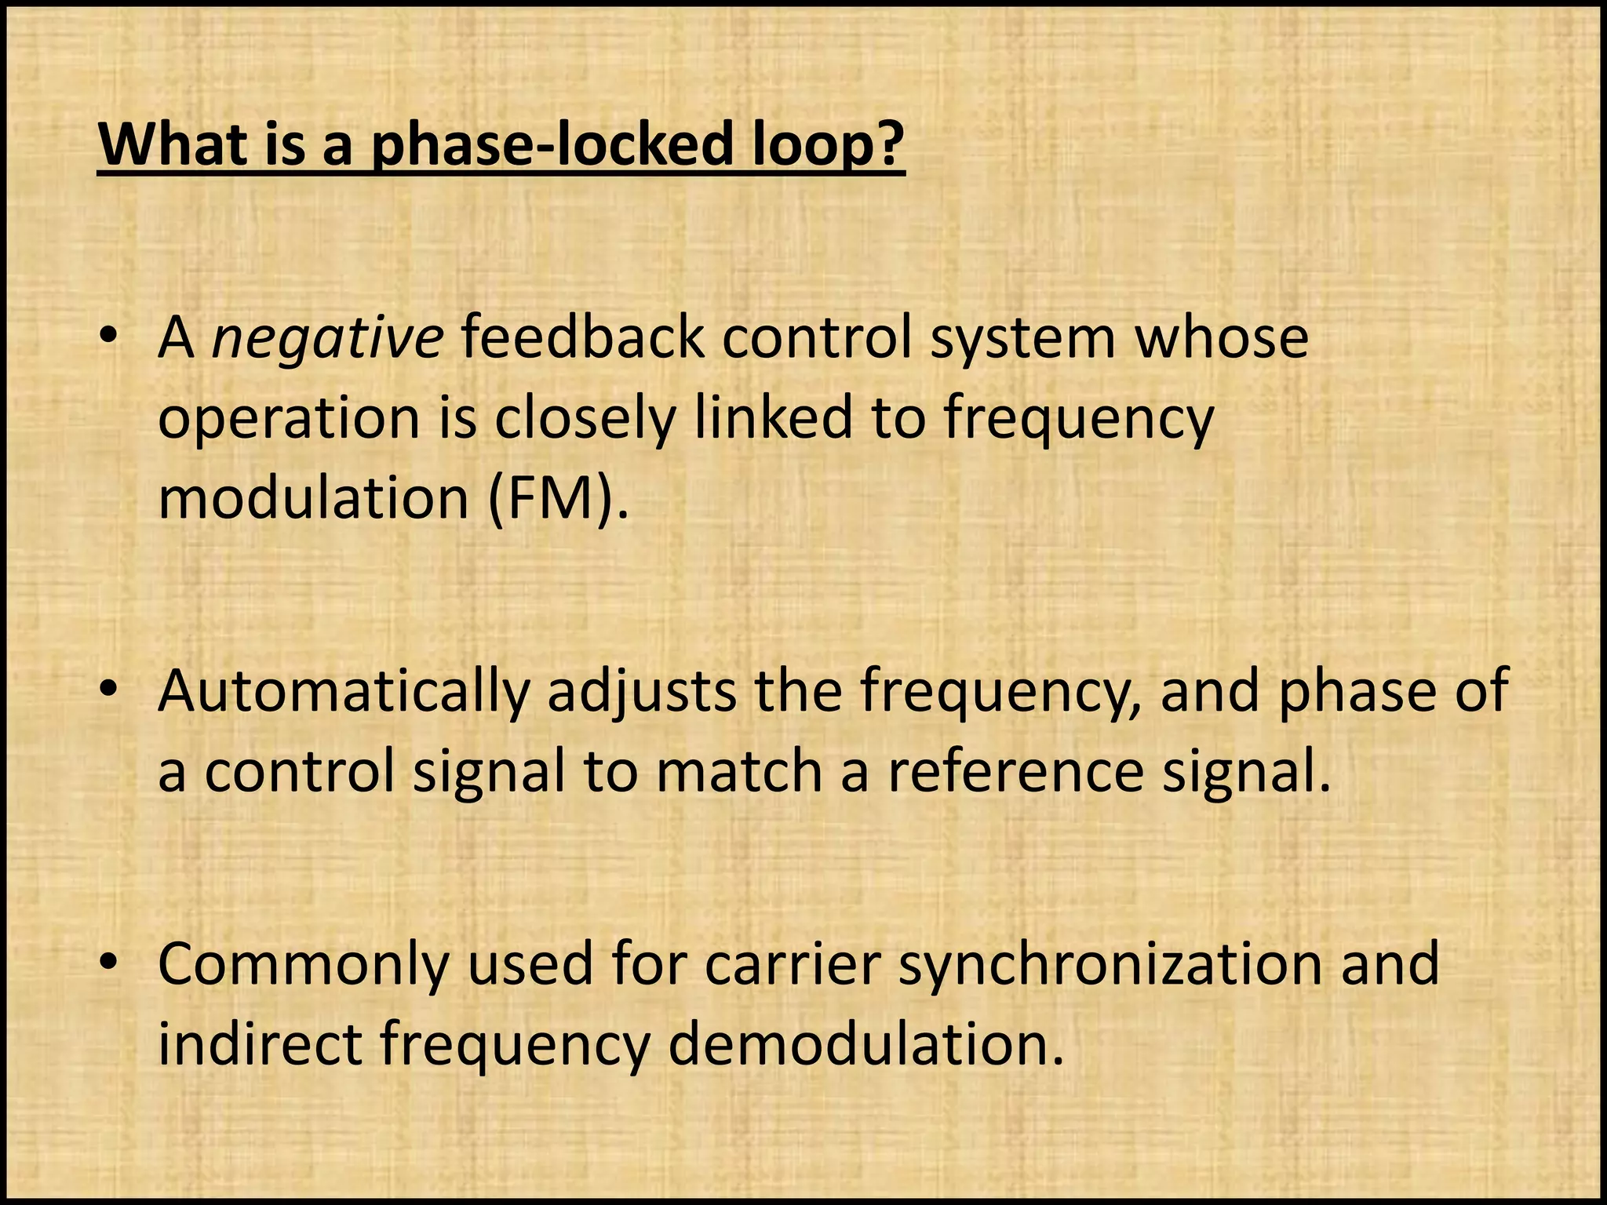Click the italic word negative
click(327, 339)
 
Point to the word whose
click(1222, 339)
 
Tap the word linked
click(773, 417)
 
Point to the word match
click(738, 772)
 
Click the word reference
click(1015, 772)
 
